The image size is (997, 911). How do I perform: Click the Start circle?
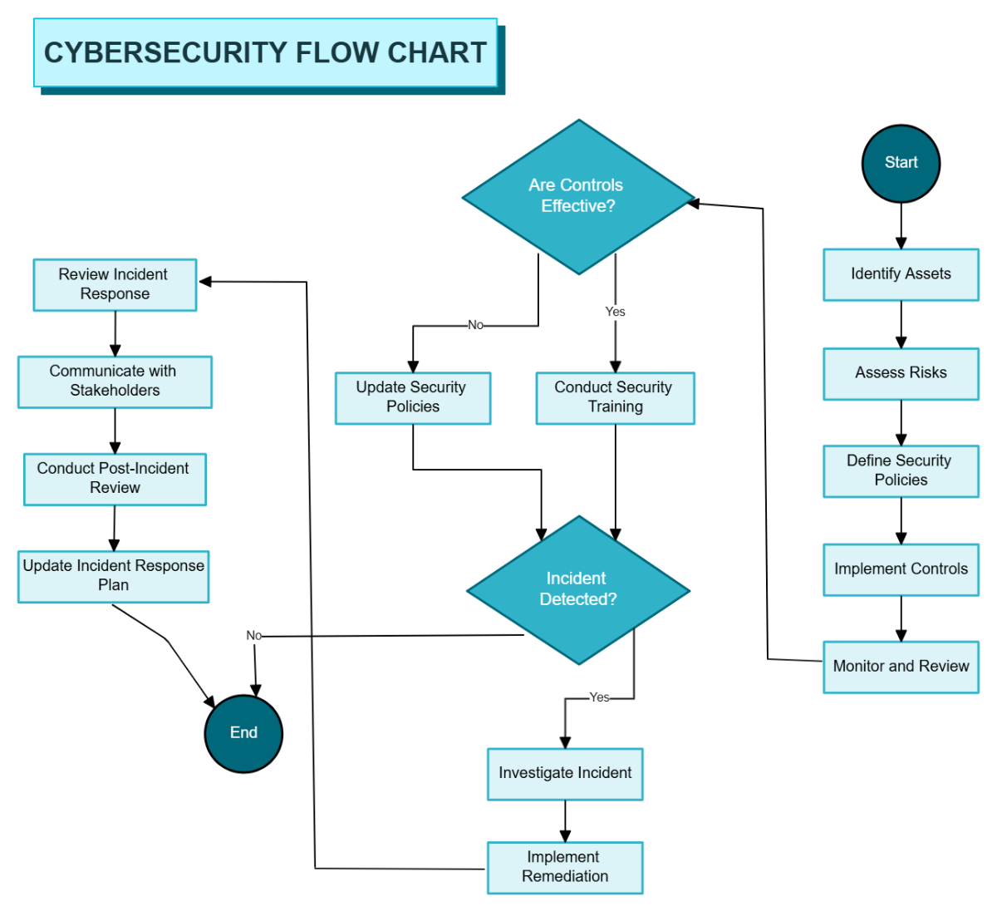901,164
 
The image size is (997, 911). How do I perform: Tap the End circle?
243,733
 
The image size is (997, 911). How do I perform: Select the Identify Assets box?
901,274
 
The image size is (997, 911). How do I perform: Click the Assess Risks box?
901,373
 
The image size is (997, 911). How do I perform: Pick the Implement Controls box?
901,569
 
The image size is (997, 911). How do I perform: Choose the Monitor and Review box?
901,667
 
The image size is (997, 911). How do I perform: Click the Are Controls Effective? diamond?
578,197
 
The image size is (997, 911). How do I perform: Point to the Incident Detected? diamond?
578,590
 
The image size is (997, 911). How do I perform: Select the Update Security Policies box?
412,397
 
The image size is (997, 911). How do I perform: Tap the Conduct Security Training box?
615,397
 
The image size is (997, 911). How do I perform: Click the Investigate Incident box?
565,774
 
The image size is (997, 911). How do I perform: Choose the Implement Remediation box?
565,867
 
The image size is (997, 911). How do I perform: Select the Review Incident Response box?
115,284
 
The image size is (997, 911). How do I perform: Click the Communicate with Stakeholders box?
115,382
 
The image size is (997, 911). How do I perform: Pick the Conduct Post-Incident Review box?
115,479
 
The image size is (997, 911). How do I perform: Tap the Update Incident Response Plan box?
113,576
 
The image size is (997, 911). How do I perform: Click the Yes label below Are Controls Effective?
615,312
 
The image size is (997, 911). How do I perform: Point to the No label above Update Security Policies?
475,325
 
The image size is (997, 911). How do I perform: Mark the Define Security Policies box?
901,470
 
